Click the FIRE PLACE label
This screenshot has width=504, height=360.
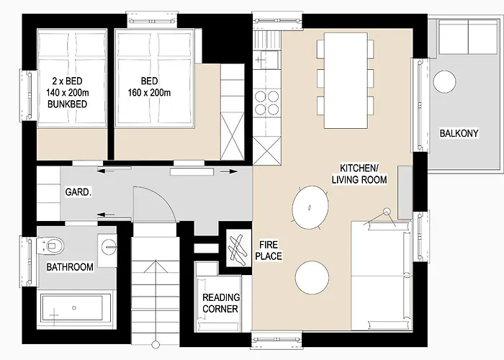click(268, 250)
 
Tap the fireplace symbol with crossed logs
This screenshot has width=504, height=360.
click(235, 247)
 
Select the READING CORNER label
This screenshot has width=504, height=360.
click(221, 303)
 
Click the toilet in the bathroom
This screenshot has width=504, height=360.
click(54, 246)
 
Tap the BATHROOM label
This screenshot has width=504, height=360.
click(70, 268)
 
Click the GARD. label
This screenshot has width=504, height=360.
click(77, 194)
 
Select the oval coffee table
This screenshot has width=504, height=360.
click(310, 206)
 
